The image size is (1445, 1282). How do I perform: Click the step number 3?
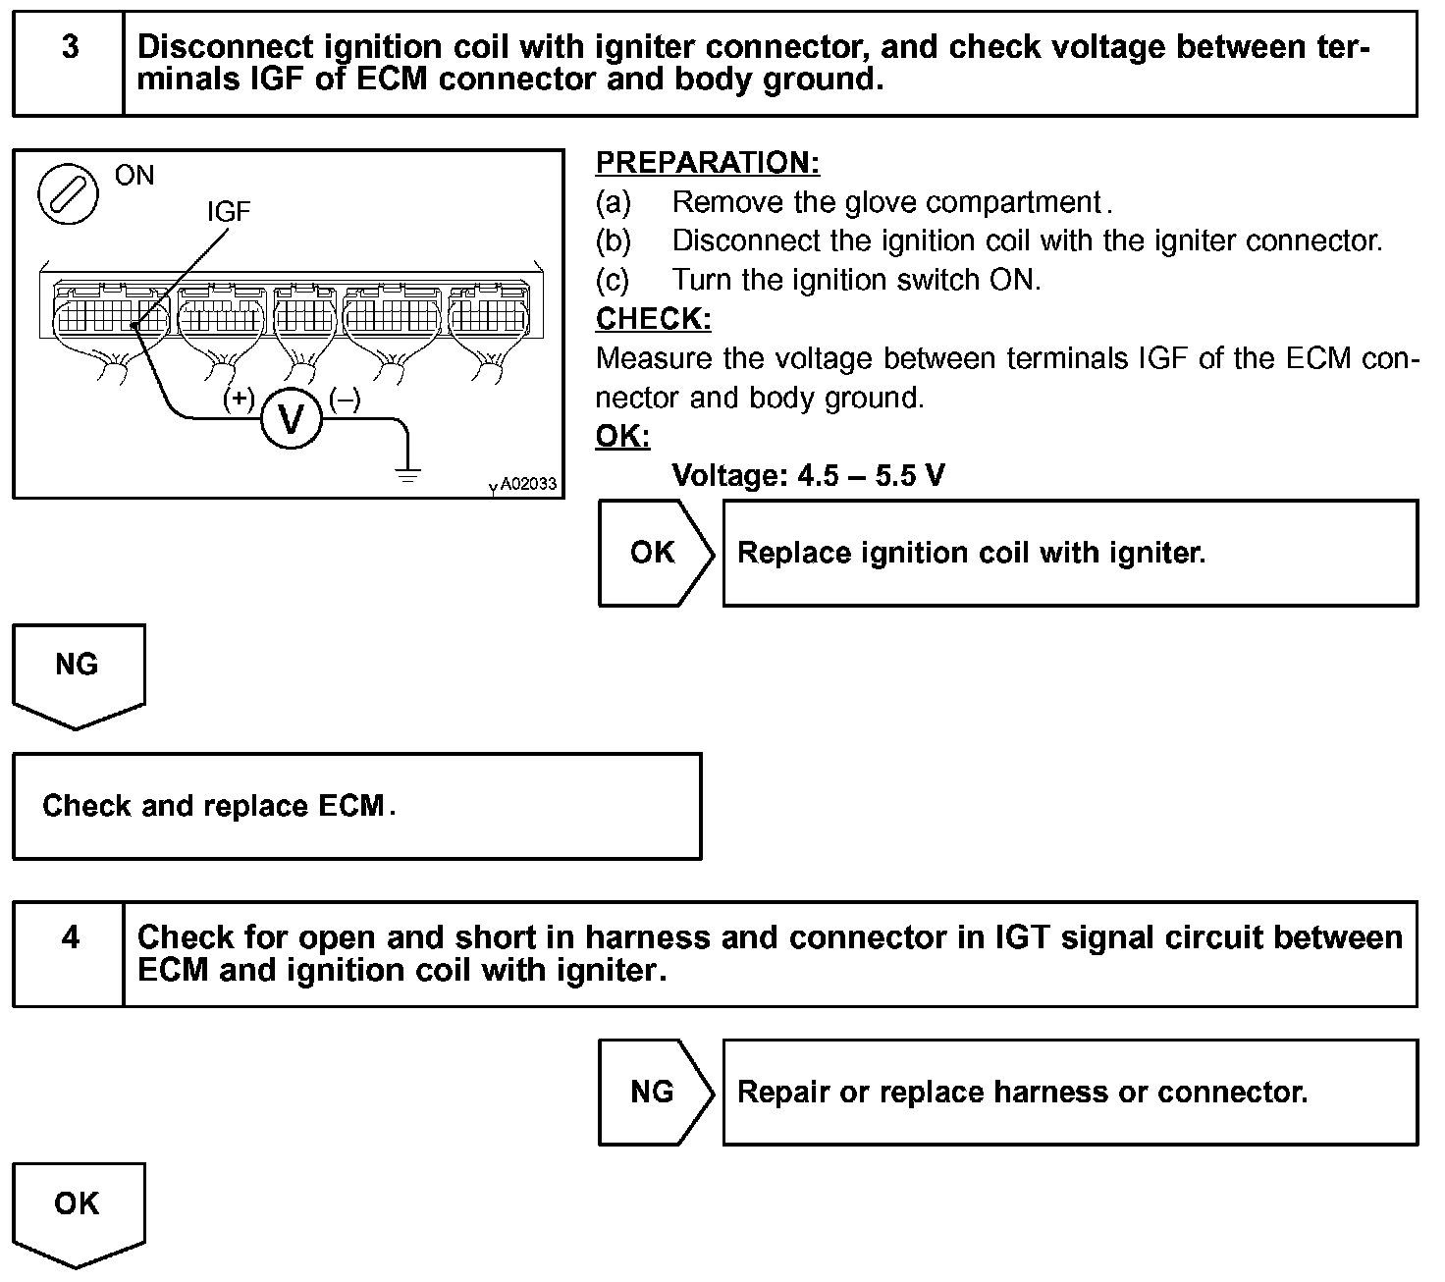tap(70, 47)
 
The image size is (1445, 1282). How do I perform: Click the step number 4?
tap(70, 937)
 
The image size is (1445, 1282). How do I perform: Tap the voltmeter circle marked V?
tap(292, 419)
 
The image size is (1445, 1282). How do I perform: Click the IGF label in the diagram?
tap(228, 211)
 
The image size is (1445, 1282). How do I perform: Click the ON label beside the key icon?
tap(134, 176)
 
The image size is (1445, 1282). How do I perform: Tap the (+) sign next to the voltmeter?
tap(239, 399)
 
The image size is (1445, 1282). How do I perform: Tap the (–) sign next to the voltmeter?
tap(345, 399)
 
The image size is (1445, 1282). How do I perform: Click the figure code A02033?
tap(528, 484)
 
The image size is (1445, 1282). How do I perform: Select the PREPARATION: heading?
tap(708, 163)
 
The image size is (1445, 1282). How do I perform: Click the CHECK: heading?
tap(653, 319)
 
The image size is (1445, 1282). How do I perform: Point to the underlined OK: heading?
tap(622, 436)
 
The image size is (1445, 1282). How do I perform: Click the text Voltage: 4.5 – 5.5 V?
tap(808, 476)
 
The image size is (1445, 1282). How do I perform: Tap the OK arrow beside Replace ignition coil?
tap(655, 553)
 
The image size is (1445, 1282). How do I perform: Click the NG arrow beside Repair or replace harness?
tap(655, 1092)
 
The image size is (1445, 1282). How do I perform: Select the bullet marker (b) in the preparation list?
tap(614, 241)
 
